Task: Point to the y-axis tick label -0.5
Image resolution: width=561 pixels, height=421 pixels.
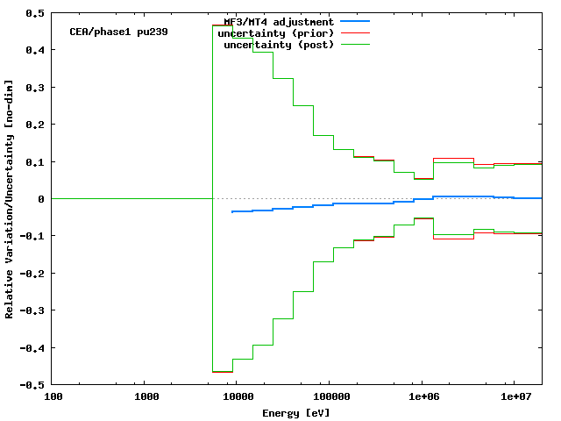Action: coord(34,385)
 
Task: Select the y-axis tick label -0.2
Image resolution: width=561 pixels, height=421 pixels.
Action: coord(34,274)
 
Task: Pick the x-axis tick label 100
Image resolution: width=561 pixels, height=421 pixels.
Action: coord(53,397)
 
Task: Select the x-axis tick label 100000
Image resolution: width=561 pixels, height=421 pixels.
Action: coord(329,397)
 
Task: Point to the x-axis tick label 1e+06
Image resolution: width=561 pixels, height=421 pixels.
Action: coord(423,397)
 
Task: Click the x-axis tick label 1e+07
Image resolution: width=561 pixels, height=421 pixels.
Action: coord(515,397)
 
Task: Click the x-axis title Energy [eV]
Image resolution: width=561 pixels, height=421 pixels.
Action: coord(296,412)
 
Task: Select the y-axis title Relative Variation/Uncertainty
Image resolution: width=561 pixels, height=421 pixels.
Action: coord(10,199)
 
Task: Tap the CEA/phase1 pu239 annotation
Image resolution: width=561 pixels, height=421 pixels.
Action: coord(118,32)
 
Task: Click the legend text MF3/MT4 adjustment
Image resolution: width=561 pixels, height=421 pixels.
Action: coord(279,21)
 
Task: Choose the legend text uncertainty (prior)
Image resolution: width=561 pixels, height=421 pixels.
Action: coord(276,32)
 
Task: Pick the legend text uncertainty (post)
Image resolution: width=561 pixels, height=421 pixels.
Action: coord(279,44)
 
